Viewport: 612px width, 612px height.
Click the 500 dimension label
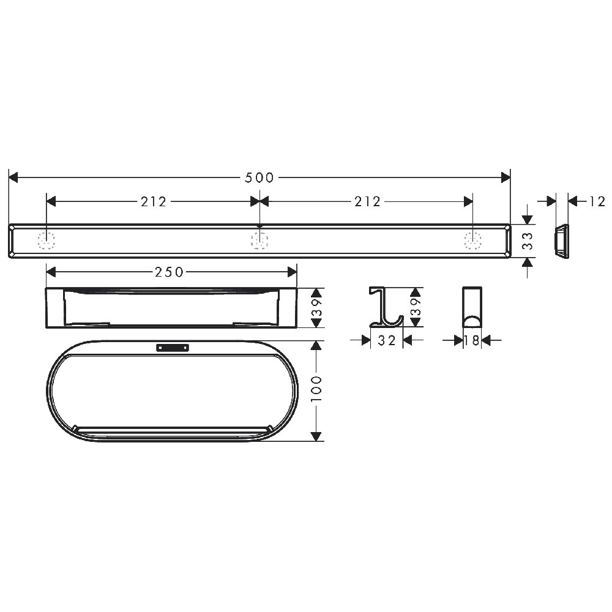tap(259, 178)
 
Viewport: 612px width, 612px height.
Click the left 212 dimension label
tap(154, 202)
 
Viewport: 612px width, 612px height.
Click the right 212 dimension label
tap(367, 202)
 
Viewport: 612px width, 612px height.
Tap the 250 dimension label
tap(169, 272)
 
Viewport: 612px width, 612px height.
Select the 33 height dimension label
tap(528, 241)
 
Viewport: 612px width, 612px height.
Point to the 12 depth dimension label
tap(597, 201)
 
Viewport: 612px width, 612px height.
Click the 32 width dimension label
tap(387, 341)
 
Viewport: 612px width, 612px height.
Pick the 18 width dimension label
tap(472, 341)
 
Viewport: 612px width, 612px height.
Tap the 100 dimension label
tap(316, 389)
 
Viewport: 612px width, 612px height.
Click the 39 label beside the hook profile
tap(416, 307)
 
